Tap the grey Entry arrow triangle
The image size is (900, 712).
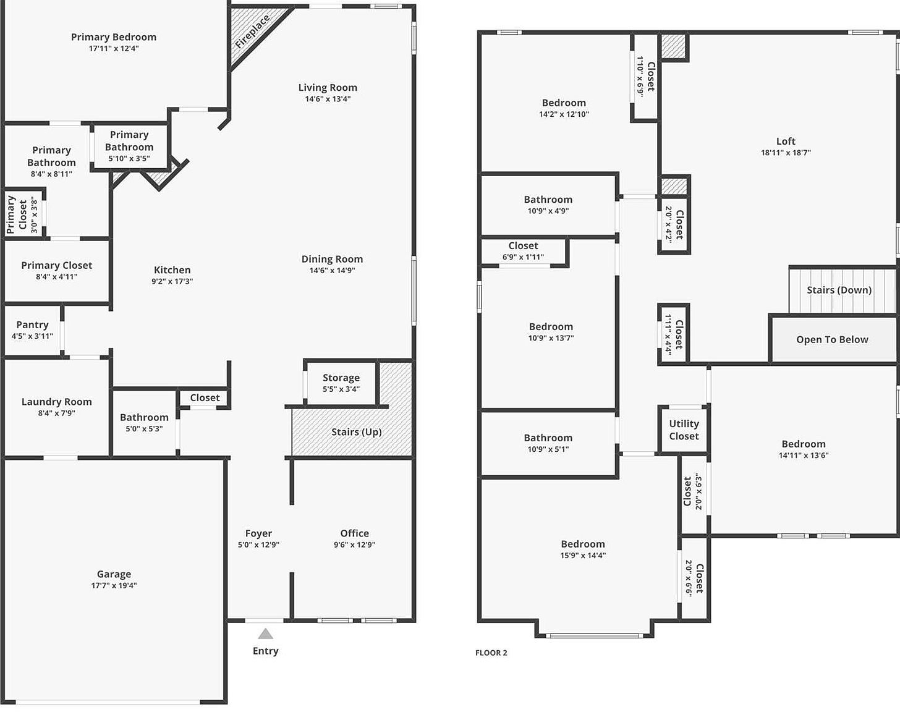click(x=265, y=634)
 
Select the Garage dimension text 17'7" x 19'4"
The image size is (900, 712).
click(x=114, y=585)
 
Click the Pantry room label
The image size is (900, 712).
click(x=32, y=324)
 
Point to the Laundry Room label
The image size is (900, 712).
click(x=56, y=402)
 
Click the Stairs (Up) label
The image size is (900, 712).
click(x=356, y=432)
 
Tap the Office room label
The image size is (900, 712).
click(x=354, y=533)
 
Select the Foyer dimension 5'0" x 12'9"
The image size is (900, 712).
click(x=258, y=545)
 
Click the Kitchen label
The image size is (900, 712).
click(x=172, y=270)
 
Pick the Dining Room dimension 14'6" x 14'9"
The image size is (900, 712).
click(x=332, y=270)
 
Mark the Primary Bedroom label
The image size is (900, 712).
click(x=114, y=37)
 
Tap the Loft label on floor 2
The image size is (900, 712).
click(x=786, y=142)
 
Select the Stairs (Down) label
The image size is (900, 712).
click(x=839, y=290)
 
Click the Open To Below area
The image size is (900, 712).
click(x=832, y=339)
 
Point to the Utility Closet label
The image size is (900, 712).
click(x=684, y=430)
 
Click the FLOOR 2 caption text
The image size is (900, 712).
click(x=491, y=653)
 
